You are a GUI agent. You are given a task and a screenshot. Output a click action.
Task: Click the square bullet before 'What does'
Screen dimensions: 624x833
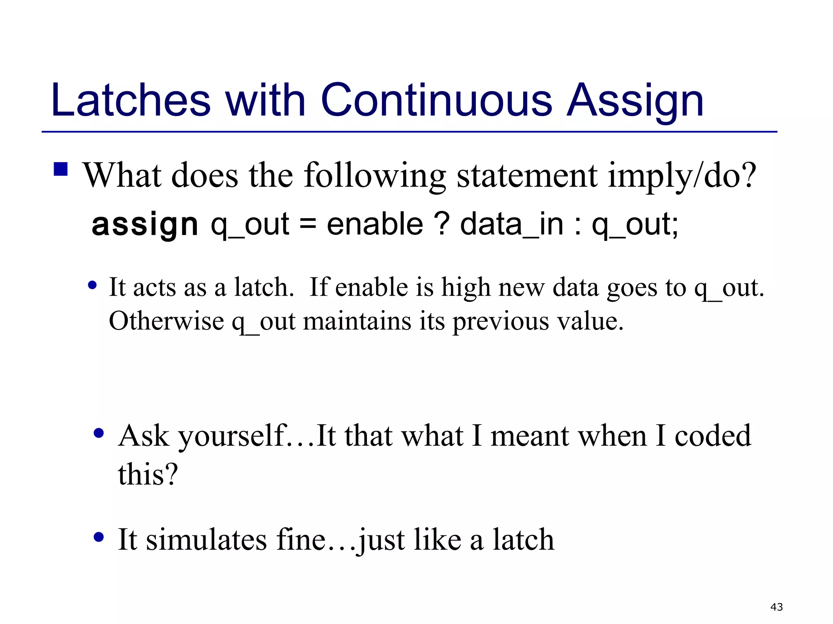[61, 169]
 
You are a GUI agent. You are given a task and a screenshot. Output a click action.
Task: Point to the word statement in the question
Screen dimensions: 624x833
[527, 175]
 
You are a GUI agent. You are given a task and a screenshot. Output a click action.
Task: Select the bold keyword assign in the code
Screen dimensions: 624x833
[145, 225]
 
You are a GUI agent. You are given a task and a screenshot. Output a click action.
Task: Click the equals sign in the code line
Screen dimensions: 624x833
[308, 224]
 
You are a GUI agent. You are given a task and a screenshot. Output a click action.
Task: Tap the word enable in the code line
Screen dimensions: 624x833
[375, 224]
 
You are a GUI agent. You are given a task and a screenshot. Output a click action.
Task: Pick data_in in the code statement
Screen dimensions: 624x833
[511, 225]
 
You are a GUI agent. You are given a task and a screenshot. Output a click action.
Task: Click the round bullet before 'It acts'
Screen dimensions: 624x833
[92, 286]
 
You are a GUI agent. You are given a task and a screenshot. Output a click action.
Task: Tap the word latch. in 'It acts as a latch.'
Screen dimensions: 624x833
[264, 287]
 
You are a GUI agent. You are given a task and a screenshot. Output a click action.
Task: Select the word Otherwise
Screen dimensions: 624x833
[166, 321]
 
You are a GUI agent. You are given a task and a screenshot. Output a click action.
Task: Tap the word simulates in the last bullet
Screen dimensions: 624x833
[206, 540]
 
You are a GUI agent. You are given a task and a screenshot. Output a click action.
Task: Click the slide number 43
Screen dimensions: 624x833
[776, 607]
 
